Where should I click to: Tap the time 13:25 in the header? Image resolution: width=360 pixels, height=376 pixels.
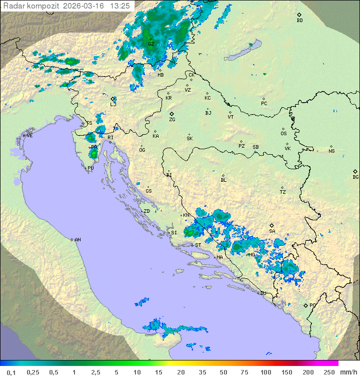pos(120,6)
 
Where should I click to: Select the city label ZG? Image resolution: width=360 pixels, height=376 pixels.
pos(172,120)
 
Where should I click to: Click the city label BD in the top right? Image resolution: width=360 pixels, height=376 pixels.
pos(299,21)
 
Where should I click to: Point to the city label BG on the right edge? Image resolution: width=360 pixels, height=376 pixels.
pos(355,177)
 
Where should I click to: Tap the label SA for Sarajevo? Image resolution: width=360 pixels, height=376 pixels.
pos(272,231)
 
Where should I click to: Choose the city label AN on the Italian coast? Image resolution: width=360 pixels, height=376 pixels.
pos(77,240)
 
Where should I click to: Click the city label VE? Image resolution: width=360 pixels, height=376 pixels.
pos(29,136)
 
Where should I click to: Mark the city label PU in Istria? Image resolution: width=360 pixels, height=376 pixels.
pos(90,168)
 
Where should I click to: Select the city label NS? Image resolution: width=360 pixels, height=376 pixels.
pos(331,151)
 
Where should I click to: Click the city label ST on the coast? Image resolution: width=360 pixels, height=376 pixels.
pos(198,245)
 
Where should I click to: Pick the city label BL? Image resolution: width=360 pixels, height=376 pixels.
pos(223,180)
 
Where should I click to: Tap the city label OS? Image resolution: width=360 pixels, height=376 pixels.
pos(283,134)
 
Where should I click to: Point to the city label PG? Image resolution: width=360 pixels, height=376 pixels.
pos(312,305)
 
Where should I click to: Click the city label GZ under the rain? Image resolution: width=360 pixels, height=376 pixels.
pos(151,44)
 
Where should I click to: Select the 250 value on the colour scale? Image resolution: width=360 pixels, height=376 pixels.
pos(328,372)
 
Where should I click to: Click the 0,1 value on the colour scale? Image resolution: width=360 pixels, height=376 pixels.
pos(11,372)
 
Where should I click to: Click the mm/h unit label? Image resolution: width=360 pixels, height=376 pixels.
pos(347,372)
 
